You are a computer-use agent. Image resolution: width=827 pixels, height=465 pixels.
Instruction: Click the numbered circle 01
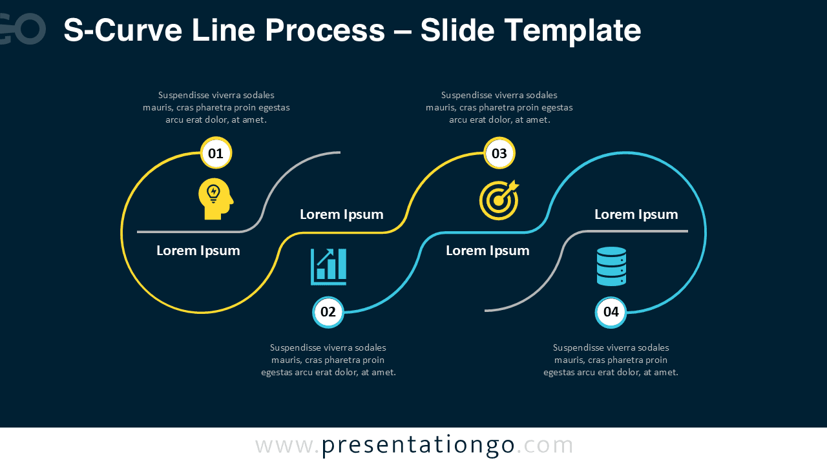click(x=216, y=154)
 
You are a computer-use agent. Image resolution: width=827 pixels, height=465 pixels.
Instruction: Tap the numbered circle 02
click(x=328, y=313)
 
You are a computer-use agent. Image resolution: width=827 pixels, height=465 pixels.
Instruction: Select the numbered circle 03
click(x=499, y=154)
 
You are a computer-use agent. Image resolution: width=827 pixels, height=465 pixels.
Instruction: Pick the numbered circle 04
click(x=611, y=313)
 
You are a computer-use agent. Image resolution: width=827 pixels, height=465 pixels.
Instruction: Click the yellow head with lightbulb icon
click(x=215, y=199)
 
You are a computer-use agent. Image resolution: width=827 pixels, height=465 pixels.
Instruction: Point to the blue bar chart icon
click(x=329, y=267)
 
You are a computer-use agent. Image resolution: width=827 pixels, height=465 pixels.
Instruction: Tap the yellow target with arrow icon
click(x=499, y=200)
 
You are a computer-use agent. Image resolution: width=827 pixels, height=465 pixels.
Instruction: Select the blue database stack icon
click(x=611, y=266)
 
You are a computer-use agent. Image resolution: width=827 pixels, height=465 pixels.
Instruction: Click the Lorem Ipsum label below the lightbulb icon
click(x=198, y=251)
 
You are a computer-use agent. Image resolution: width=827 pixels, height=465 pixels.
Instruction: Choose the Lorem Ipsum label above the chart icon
click(x=342, y=214)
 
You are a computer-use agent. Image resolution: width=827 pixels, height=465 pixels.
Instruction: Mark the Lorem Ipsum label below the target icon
click(x=488, y=251)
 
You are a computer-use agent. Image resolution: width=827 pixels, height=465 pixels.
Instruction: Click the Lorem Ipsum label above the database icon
click(x=636, y=214)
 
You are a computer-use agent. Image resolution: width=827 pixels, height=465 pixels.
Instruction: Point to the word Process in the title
click(x=324, y=30)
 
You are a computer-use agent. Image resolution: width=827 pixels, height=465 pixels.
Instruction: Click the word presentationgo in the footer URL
click(x=418, y=446)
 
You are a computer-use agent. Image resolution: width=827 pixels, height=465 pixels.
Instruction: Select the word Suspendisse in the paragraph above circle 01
click(x=183, y=95)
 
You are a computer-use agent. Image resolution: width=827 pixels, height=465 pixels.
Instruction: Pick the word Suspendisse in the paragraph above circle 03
click(x=466, y=95)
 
